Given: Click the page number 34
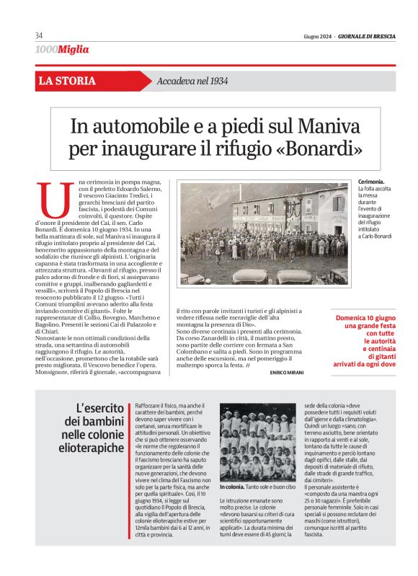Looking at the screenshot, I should [x=39, y=36].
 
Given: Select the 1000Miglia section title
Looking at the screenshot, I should [x=62, y=50].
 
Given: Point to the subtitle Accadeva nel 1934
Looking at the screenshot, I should [x=192, y=81].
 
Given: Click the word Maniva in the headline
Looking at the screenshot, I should [x=321, y=127].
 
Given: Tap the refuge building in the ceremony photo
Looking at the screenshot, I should [x=288, y=213].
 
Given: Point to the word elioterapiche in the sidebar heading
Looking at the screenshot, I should [x=89, y=448].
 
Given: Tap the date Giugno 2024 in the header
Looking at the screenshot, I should [x=317, y=36].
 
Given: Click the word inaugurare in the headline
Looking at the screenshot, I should [x=167, y=151].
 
